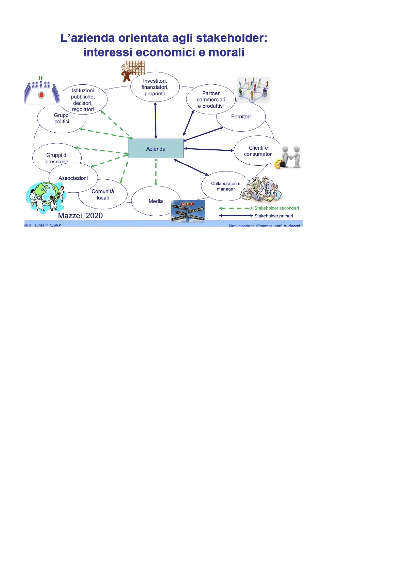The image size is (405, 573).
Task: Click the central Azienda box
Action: (156, 149)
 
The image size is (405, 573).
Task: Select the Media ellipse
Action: (156, 201)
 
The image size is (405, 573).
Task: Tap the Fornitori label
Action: (241, 117)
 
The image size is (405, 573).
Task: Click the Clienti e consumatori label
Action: (258, 151)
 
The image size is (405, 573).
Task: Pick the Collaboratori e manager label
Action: (226, 186)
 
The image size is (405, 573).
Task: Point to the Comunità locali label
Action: (103, 195)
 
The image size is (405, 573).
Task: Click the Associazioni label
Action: (73, 178)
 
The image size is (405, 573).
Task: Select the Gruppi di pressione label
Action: (57, 158)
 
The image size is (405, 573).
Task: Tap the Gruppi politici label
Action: (62, 118)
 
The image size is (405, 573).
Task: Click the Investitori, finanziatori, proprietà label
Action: (155, 87)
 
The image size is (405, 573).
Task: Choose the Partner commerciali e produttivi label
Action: (211, 100)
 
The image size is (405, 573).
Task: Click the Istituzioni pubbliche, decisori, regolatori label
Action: (83, 100)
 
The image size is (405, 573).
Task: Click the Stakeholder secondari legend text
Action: (276, 208)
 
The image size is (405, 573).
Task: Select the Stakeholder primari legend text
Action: (274, 216)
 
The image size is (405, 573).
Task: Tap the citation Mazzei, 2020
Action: (80, 216)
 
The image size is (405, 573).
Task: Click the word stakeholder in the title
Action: (232, 38)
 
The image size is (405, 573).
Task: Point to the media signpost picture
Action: (188, 211)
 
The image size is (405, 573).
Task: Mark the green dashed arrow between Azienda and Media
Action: (156, 172)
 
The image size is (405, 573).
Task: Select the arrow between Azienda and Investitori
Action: (155, 120)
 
